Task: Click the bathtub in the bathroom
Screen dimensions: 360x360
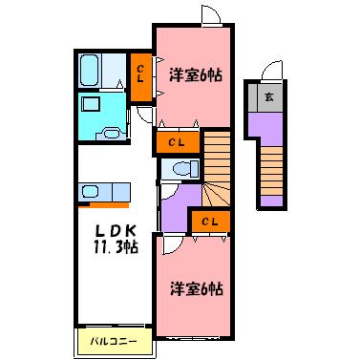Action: (x=93, y=71)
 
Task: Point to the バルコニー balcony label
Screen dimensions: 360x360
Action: (x=114, y=339)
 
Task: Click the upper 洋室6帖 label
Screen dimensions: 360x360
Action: (x=197, y=75)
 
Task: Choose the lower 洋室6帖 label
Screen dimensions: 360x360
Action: (x=197, y=287)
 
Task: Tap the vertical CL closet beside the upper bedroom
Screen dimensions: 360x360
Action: (x=141, y=73)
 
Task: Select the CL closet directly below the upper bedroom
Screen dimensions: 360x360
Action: (x=178, y=143)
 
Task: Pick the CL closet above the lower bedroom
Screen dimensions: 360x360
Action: (x=210, y=222)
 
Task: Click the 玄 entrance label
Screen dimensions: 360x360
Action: (x=269, y=95)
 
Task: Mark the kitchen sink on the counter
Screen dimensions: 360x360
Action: (x=96, y=189)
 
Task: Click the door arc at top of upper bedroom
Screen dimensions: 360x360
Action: (x=211, y=14)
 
